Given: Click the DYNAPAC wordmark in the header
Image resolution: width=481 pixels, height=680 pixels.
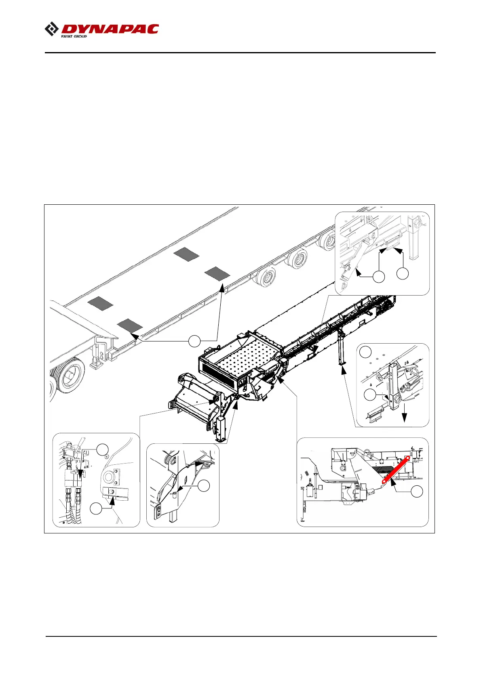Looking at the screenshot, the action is tap(110, 29).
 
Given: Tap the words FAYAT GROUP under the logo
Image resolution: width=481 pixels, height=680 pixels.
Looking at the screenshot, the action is tap(74, 36).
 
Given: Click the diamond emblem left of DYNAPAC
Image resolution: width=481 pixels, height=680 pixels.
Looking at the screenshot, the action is tap(51, 29).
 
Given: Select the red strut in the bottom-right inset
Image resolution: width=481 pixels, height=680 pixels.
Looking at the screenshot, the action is tap(396, 469).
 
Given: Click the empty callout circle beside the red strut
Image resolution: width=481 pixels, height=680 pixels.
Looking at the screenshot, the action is tap(417, 491).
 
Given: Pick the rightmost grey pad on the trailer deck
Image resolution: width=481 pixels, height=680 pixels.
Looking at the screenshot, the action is tap(217, 273).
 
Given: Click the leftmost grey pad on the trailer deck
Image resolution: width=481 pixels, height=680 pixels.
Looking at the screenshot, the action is tap(100, 303).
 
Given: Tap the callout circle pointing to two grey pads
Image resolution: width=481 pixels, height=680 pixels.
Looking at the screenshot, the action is tap(194, 341).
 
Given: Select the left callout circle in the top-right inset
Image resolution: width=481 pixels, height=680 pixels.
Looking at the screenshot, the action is tap(379, 277).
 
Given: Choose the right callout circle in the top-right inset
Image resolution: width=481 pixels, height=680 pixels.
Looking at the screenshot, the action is tap(403, 273).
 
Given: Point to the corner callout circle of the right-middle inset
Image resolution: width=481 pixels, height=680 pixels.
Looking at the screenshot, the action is tap(366, 351).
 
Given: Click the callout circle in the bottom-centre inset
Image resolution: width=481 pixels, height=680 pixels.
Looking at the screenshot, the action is tap(204, 486).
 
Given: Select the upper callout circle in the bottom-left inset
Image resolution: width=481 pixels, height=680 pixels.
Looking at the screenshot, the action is tap(103, 449).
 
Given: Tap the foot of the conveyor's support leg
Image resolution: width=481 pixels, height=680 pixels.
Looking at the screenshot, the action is tap(343, 365).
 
